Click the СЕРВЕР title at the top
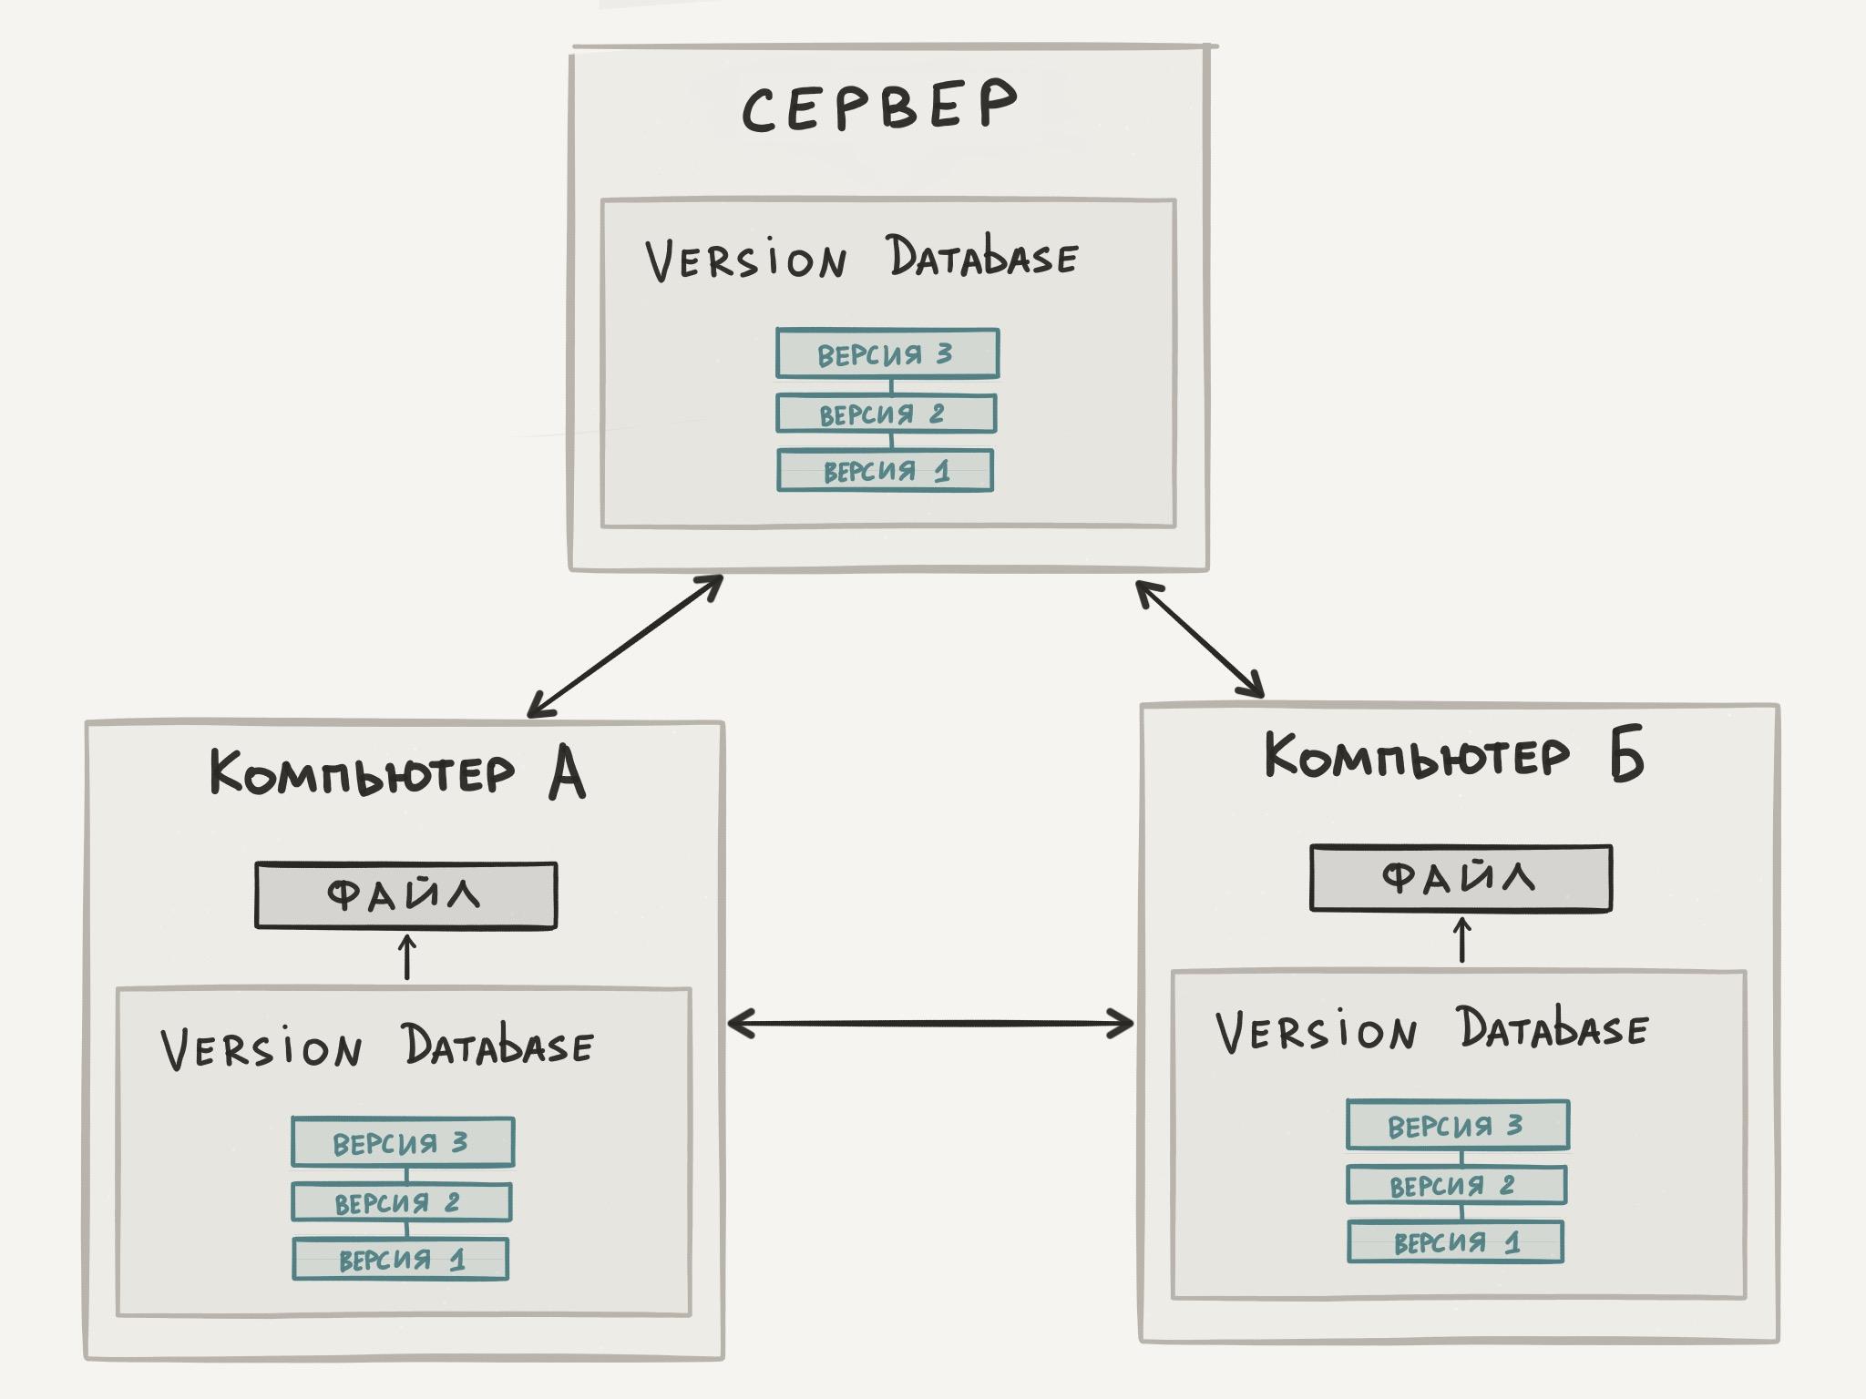coord(878,107)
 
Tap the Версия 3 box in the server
coord(887,353)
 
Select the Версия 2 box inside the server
coord(886,414)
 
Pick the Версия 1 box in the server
coord(885,471)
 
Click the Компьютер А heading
coord(397,775)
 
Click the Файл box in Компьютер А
coord(405,896)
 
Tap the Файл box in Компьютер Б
coord(1461,878)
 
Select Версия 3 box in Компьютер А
coord(403,1142)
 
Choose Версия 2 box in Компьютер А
coord(401,1203)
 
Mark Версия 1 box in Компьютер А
coord(400,1260)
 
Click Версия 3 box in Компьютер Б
coord(1458,1125)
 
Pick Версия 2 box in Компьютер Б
coord(1456,1185)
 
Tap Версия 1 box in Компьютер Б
coord(1455,1242)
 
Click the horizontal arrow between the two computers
coord(931,1025)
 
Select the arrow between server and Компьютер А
coord(626,646)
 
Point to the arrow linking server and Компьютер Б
coord(1200,639)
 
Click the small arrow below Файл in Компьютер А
coord(407,956)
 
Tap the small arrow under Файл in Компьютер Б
coord(1462,940)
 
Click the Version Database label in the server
coord(861,259)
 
